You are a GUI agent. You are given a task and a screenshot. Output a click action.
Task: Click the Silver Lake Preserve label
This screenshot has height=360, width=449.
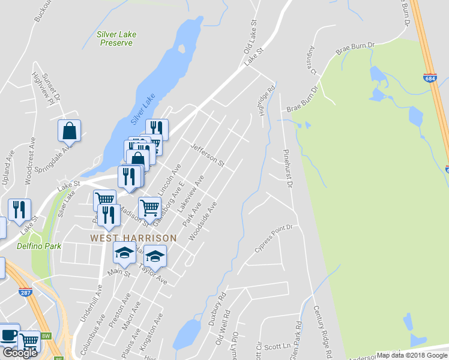point(116,39)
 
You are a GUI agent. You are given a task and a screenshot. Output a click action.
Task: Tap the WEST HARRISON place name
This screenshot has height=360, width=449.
point(133,238)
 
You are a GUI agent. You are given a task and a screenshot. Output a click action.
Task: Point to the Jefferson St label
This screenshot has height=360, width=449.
point(207,155)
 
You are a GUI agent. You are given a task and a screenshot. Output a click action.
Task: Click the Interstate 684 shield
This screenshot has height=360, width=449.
point(429,78)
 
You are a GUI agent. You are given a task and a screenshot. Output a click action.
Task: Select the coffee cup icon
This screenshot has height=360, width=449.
point(9,335)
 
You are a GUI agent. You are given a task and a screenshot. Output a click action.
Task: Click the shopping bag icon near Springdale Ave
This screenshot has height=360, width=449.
point(70,131)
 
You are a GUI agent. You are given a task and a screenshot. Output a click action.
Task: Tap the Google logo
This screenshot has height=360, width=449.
point(20,353)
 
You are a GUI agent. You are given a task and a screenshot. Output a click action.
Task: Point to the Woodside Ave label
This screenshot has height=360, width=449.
point(202,222)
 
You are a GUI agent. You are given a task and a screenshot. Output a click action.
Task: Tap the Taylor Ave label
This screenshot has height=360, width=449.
point(152,273)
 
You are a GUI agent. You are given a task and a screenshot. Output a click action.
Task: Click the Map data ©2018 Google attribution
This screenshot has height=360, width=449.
point(412,355)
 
